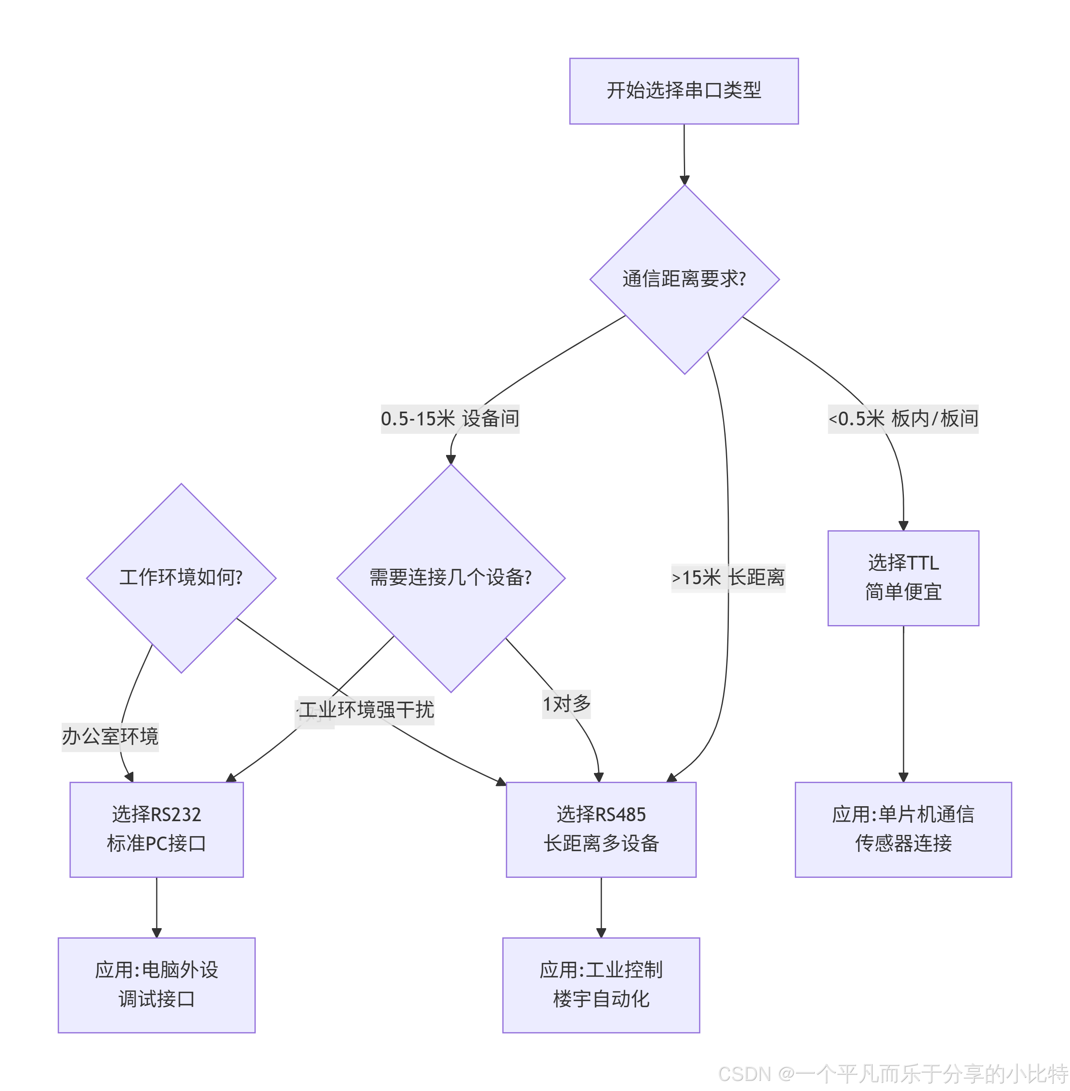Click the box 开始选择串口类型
pyautogui.click(x=683, y=91)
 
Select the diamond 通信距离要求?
pyautogui.click(x=684, y=280)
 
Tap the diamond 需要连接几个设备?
pyautogui.click(x=450, y=578)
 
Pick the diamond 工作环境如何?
pyautogui.click(x=181, y=578)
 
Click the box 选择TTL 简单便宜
pyautogui.click(x=903, y=578)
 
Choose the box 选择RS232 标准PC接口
pyautogui.click(x=156, y=829)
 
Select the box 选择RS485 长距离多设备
pyautogui.click(x=601, y=829)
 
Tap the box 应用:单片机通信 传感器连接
pyautogui.click(x=903, y=829)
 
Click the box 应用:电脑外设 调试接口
pyautogui.click(x=156, y=985)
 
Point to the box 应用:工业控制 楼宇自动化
pyautogui.click(x=601, y=985)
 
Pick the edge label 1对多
pyautogui.click(x=566, y=704)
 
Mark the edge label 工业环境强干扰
pyautogui.click(x=366, y=710)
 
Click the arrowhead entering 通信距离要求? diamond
pyautogui.click(x=684, y=180)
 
